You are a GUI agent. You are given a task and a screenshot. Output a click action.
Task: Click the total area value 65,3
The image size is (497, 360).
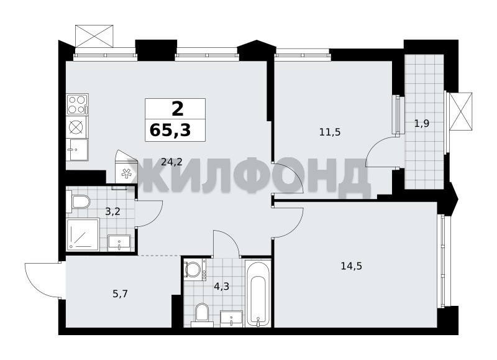tap(170, 130)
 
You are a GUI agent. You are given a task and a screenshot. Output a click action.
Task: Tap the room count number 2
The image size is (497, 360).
tap(178, 109)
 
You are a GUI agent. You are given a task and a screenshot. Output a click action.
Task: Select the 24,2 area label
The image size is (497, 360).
tap(171, 162)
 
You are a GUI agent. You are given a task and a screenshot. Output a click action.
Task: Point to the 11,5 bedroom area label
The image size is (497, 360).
tap(330, 132)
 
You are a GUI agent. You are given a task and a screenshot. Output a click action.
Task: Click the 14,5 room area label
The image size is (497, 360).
tap(351, 265)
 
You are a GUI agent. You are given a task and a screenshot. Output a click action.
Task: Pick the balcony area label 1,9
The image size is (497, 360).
tap(422, 123)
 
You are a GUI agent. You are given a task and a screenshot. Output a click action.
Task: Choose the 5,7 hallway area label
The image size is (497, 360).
tap(120, 294)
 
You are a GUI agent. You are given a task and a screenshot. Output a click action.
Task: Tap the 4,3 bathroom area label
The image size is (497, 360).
tap(221, 287)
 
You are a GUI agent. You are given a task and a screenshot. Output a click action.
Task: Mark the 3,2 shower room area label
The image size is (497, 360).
tap(113, 211)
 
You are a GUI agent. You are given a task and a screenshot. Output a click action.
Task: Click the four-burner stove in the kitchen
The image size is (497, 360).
tap(77, 104)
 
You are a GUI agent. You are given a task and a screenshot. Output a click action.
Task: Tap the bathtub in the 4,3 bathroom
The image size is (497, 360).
tap(258, 293)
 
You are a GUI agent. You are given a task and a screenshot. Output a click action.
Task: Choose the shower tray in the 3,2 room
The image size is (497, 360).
tap(83, 234)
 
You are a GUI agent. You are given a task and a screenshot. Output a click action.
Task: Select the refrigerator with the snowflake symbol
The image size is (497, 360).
tap(126, 167)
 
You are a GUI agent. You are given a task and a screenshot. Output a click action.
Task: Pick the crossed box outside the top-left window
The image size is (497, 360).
tap(94, 36)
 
